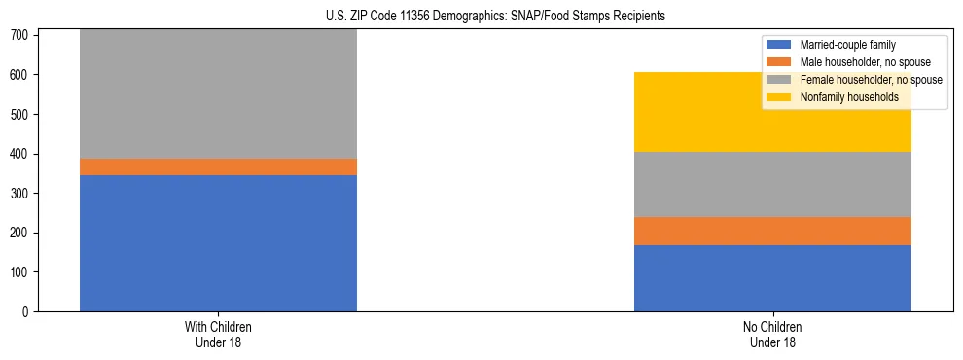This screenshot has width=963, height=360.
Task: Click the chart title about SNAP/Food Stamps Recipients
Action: coord(495,17)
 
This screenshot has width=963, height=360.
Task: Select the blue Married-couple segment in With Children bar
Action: coord(218,243)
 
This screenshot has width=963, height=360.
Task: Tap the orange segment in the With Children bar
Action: coord(218,166)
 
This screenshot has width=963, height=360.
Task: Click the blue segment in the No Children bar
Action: coord(772,278)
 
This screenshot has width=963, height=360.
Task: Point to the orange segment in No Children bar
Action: coord(772,231)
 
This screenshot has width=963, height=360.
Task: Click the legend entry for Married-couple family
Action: coord(847,45)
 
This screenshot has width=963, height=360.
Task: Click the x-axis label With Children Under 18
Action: coord(218,335)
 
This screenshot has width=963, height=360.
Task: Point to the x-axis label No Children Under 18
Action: coord(772,335)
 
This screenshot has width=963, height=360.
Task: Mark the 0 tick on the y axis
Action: coord(27,312)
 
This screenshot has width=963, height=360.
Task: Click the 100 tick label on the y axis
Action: coord(21,272)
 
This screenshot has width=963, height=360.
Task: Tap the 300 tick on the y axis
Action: coord(21,194)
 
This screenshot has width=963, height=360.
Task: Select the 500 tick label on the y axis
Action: coord(21,115)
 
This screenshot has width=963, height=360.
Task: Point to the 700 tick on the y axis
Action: coord(21,35)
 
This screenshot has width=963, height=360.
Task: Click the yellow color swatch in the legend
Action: coord(779,97)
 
